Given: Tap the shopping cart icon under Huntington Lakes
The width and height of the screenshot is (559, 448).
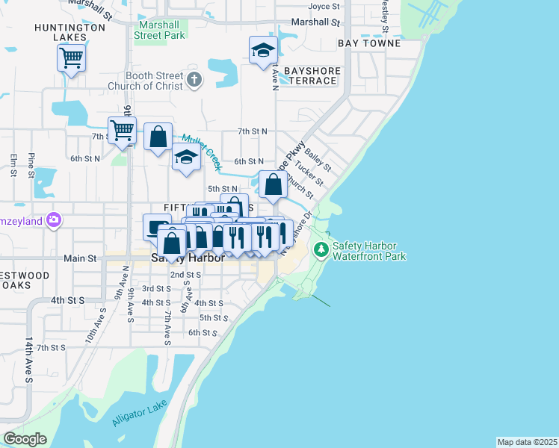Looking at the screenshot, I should click(72, 57).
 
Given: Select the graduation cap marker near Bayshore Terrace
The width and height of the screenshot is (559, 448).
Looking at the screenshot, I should click(263, 51).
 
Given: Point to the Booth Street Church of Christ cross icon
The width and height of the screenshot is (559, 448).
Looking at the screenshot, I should click(194, 80).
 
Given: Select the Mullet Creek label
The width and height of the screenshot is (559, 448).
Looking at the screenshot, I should click(201, 152).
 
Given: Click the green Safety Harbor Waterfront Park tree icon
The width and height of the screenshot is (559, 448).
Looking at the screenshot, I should click(321, 249).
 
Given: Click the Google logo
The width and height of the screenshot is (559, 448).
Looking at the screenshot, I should click(25, 439).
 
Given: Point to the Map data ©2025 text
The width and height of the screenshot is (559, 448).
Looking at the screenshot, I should click(527, 442).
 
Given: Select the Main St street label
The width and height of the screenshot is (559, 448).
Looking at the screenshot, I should click(81, 258).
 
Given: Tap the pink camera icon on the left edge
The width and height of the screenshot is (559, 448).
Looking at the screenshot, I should click(54, 220).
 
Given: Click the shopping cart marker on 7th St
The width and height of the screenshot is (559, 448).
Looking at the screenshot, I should click(122, 130).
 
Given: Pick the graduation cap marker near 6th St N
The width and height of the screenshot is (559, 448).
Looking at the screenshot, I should click(186, 157).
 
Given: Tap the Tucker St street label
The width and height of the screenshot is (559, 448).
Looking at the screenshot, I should click(309, 173).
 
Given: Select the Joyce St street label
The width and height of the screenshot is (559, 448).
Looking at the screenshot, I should click(324, 6).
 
